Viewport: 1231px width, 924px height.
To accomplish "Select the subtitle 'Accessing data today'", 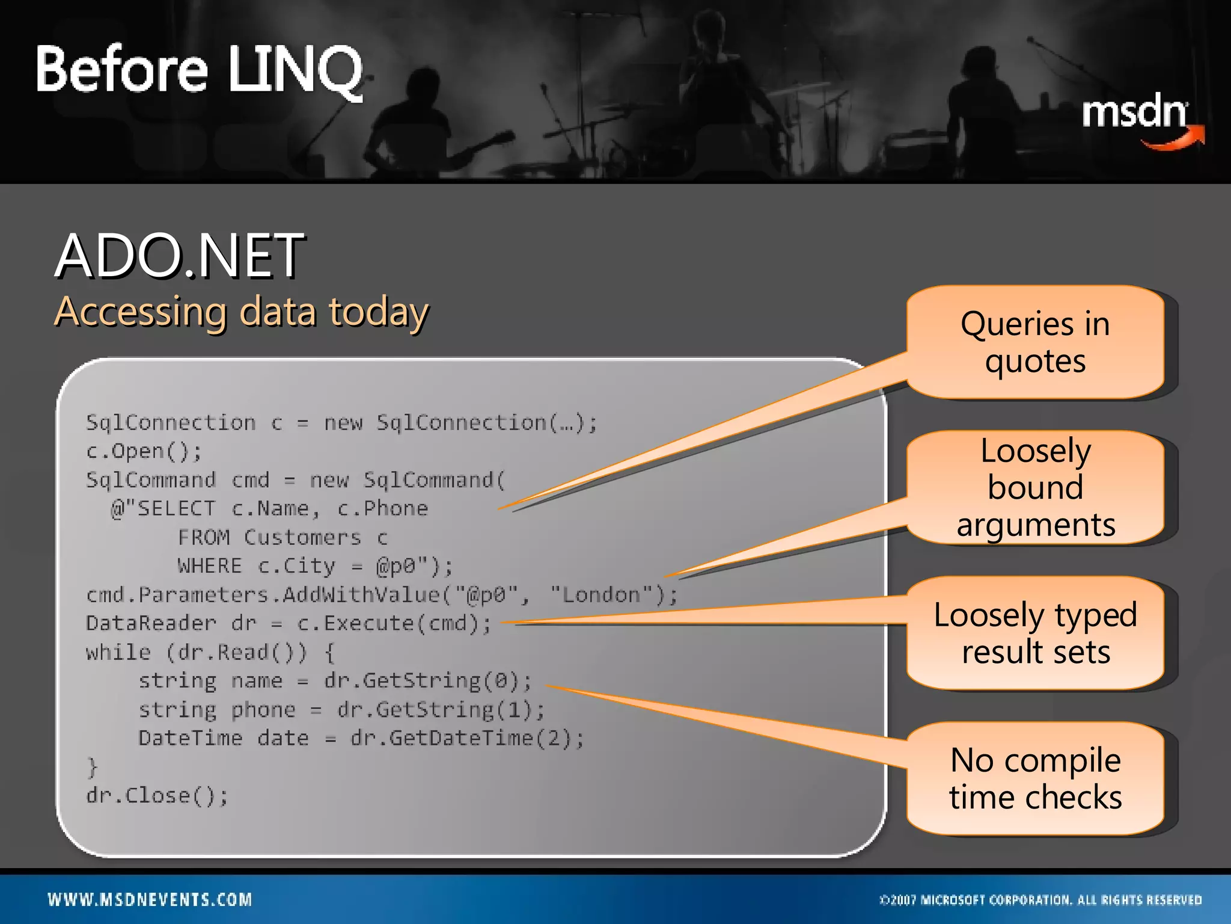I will [x=242, y=312].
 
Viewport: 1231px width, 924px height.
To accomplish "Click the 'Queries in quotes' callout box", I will [x=1035, y=342].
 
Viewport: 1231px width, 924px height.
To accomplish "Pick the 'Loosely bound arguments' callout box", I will [x=1035, y=487].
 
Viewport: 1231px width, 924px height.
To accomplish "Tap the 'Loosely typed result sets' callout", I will [x=1035, y=633].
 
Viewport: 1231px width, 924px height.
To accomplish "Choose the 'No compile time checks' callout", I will [x=1035, y=778].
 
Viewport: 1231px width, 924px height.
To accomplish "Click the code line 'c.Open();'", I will [x=144, y=451].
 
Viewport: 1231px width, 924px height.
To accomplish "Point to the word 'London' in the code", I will [x=601, y=595].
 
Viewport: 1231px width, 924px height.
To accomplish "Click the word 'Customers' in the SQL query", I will [x=302, y=537].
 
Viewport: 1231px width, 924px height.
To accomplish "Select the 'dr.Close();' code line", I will [x=157, y=796].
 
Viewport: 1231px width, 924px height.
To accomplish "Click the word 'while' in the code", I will [x=118, y=652].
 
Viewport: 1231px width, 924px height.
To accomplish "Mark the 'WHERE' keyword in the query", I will [x=209, y=566].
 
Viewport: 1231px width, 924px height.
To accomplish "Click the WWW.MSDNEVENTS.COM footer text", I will [x=150, y=900].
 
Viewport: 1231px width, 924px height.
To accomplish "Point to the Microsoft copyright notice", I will [x=1040, y=900].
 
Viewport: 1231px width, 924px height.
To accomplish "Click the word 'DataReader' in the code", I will [x=151, y=623].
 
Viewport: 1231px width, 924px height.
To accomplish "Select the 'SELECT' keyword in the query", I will [x=176, y=509].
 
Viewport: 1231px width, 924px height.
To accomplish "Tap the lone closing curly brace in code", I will [x=92, y=767].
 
